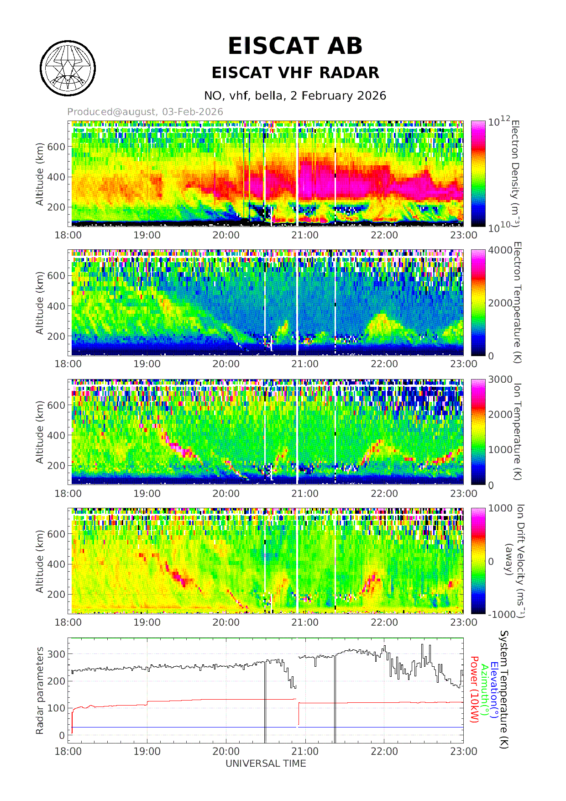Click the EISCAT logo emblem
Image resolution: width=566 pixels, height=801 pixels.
pyautogui.click(x=68, y=69)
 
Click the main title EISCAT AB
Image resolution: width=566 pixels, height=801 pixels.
pyautogui.click(x=295, y=46)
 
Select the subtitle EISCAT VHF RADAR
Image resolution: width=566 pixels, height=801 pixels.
pyautogui.click(x=295, y=73)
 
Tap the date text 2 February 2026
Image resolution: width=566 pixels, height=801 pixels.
pyautogui.click(x=338, y=96)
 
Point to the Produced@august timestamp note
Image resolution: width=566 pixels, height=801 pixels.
pyautogui.click(x=145, y=112)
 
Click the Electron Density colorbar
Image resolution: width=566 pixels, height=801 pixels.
pyautogui.click(x=478, y=174)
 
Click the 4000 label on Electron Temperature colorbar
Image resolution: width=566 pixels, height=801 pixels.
pyautogui.click(x=500, y=250)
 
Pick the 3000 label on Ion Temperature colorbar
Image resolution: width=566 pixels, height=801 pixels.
pyautogui.click(x=500, y=379)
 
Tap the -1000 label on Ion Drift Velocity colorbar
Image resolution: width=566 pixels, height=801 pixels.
pyautogui.click(x=502, y=615)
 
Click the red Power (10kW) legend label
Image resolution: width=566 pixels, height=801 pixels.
pyautogui.click(x=474, y=690)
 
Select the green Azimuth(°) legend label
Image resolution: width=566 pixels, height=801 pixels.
pyautogui.click(x=485, y=690)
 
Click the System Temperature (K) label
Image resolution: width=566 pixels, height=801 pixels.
pyautogui.click(x=504, y=690)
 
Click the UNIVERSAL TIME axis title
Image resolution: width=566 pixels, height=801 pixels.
pyautogui.click(x=266, y=764)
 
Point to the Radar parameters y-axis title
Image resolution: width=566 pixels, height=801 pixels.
pyautogui.click(x=40, y=690)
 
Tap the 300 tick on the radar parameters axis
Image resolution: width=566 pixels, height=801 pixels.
pyautogui.click(x=56, y=654)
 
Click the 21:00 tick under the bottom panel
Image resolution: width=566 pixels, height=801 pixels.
pyautogui.click(x=305, y=752)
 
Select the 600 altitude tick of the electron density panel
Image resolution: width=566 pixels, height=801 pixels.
pyautogui.click(x=57, y=147)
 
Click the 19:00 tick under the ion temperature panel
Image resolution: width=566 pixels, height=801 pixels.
pyautogui.click(x=147, y=493)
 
